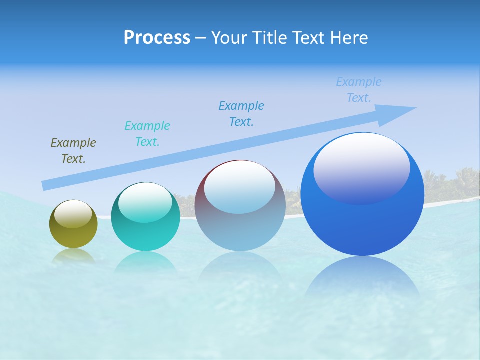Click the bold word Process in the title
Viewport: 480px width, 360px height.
(x=157, y=38)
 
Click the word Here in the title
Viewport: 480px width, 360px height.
(x=349, y=38)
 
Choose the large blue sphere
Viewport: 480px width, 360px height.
(x=362, y=220)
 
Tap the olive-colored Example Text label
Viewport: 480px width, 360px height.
(x=73, y=151)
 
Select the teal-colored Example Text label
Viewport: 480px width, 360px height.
(x=147, y=134)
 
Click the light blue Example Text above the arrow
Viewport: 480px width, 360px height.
(x=359, y=90)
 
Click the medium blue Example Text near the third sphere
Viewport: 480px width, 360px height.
(x=241, y=114)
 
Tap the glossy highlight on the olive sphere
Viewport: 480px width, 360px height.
(x=73, y=214)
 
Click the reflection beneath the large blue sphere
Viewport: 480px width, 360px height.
(x=362, y=280)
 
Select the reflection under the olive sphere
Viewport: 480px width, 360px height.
(x=73, y=256)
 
